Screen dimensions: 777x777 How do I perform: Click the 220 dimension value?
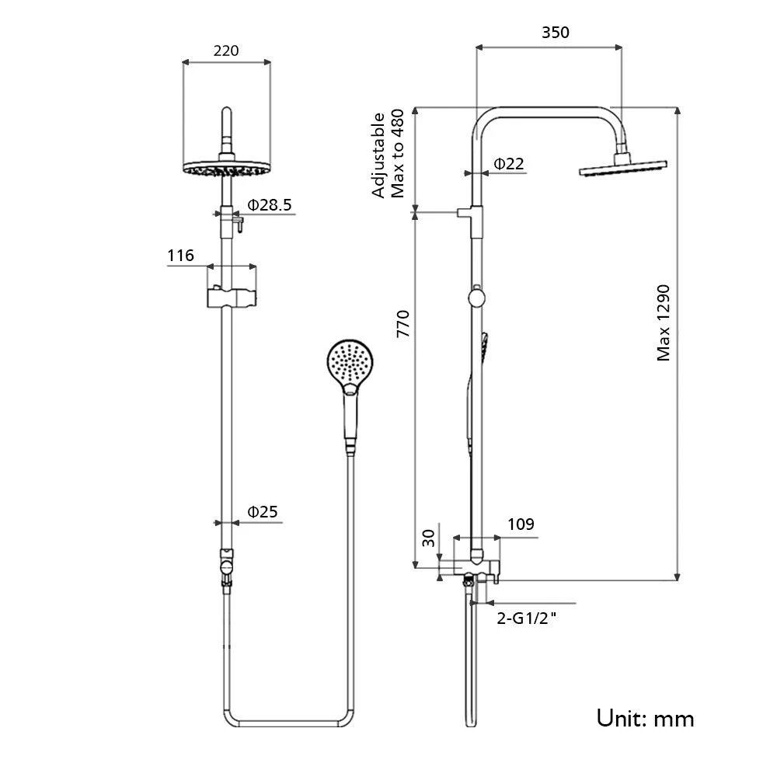[x=225, y=51]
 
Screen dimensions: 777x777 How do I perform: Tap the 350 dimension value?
[x=556, y=33]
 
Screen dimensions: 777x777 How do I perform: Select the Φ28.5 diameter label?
[x=270, y=205]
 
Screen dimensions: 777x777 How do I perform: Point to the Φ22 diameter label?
[x=509, y=164]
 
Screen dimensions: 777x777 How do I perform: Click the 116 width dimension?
[x=180, y=255]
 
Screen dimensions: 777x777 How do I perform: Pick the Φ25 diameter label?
[x=263, y=512]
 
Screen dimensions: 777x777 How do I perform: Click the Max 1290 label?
[x=663, y=322]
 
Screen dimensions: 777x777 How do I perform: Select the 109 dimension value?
[x=521, y=524]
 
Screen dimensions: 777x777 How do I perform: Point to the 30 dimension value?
[x=428, y=538]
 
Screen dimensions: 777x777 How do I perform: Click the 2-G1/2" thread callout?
[x=528, y=618]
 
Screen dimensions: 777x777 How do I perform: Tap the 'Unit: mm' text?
[x=645, y=717]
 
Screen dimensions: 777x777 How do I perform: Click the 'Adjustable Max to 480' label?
[x=388, y=155]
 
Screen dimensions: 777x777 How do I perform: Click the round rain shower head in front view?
[x=226, y=169]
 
